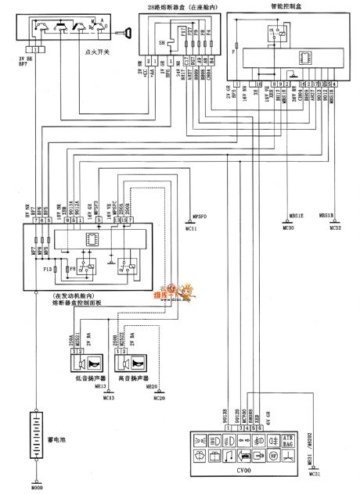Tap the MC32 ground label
pos(334,228)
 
